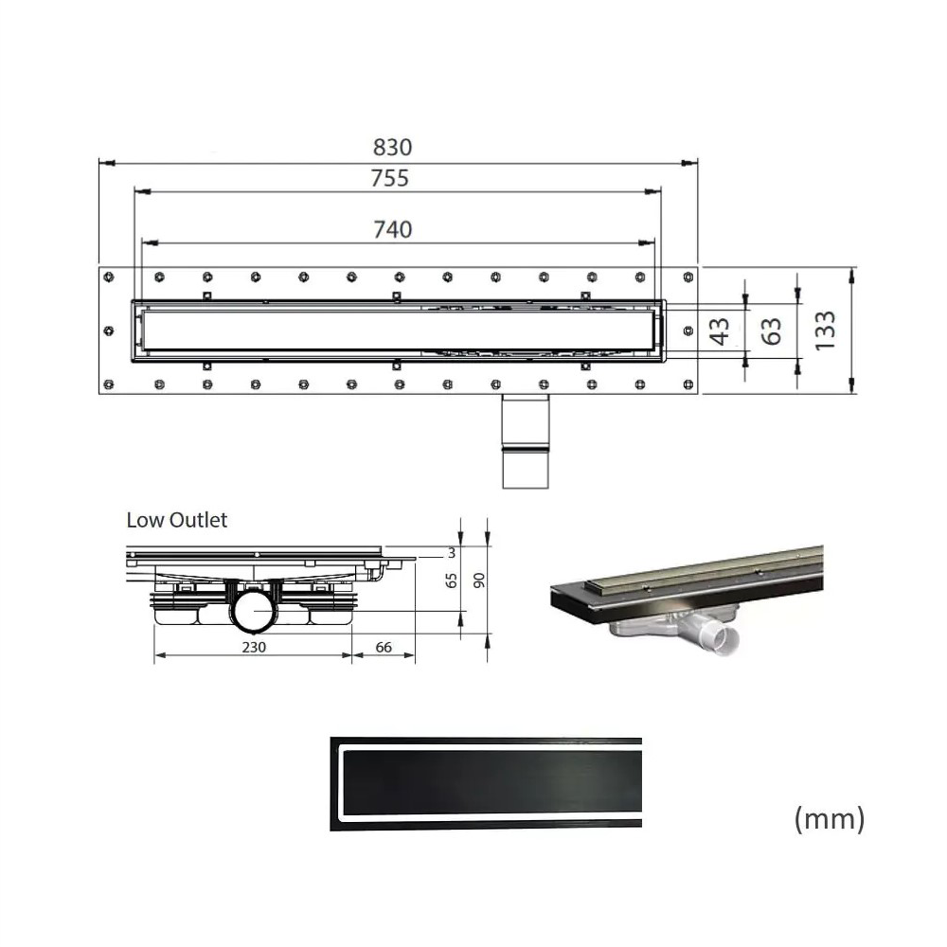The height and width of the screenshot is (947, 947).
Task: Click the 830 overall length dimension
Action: coord(392,148)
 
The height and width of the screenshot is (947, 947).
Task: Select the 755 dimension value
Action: coord(389,177)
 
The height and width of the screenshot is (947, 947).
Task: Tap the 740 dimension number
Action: coord(392,228)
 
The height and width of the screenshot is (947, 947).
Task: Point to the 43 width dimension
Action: coord(721,331)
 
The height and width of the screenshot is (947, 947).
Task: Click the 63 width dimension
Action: coord(772,331)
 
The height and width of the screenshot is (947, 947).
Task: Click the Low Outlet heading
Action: coord(177,520)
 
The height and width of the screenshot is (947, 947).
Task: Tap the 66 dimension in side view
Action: coord(384,647)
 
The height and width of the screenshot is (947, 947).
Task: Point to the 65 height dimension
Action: coord(452,581)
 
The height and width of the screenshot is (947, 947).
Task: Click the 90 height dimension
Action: coord(478,581)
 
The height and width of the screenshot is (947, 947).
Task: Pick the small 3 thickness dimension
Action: coord(452,552)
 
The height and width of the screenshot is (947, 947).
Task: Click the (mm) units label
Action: coord(829,818)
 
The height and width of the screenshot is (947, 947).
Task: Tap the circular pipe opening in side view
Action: coord(254,614)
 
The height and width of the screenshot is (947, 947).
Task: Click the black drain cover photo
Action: coord(486,784)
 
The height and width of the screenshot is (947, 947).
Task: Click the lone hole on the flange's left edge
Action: coord(109,331)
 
